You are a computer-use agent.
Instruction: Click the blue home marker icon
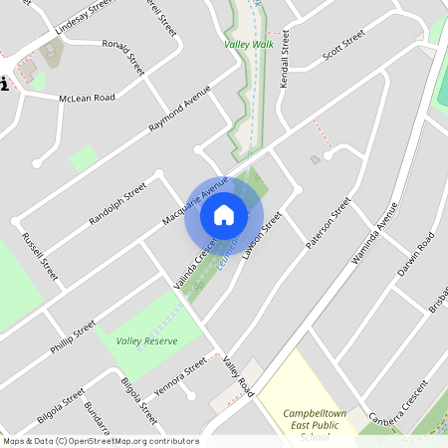(x=224, y=214)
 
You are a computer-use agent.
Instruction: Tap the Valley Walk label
(x=249, y=45)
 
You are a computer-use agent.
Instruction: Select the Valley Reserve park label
(x=146, y=340)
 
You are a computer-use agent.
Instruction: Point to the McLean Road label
(x=87, y=98)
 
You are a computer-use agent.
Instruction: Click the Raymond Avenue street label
(x=180, y=108)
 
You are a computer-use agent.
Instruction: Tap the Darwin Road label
(x=416, y=255)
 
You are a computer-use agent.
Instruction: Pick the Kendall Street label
(x=284, y=59)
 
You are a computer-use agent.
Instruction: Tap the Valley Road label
(x=238, y=377)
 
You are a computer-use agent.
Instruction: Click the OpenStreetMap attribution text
(x=101, y=441)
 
